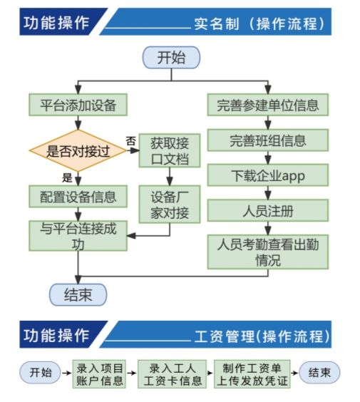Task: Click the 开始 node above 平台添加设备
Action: point(171,57)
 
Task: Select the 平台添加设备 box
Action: point(78,105)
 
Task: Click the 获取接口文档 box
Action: point(170,150)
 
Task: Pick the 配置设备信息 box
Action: point(78,195)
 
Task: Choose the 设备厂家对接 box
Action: point(170,203)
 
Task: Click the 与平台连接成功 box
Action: point(78,236)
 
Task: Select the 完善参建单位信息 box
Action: point(267,105)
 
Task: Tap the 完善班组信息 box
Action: point(267,140)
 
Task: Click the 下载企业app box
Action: point(267,175)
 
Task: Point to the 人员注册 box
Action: point(267,210)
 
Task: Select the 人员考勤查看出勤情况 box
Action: point(267,251)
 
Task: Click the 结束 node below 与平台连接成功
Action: point(78,294)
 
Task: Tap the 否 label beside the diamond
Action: point(130,141)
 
